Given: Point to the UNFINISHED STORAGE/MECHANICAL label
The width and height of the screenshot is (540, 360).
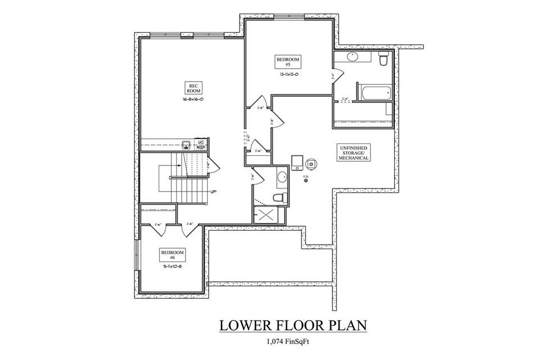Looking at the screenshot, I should coord(353,152).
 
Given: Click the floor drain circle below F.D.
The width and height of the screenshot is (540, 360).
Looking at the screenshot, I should coord(307,181).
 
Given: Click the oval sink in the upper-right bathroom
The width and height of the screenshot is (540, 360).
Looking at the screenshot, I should coord(353,56).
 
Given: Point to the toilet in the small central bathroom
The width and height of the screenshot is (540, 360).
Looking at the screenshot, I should coord(278,197).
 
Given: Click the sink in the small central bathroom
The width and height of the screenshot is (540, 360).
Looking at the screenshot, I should coord(281,178).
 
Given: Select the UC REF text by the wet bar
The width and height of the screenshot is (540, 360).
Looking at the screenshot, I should coord(200,144).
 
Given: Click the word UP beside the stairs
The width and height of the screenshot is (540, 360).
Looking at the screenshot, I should coord(213,192).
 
